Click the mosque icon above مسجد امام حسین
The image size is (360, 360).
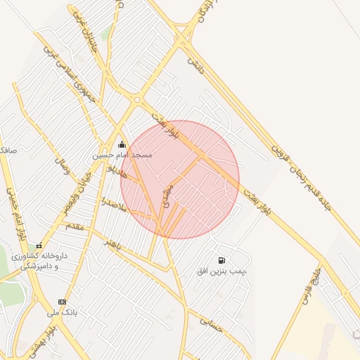click(122, 144)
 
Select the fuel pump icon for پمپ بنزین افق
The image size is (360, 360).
click(222, 261)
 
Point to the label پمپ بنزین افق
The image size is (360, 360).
click(223, 271)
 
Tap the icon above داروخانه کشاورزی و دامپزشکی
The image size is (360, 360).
click(39, 246)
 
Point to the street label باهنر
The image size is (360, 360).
click(113, 244)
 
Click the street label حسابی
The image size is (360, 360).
click(210, 322)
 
